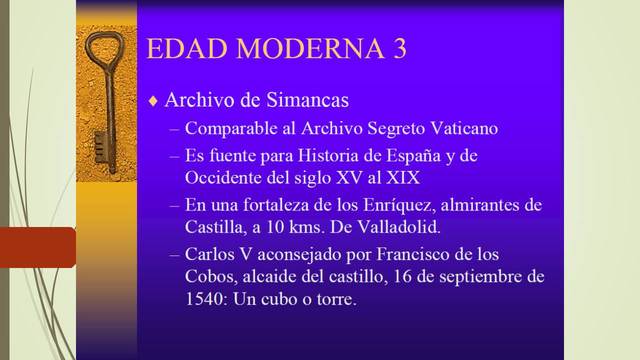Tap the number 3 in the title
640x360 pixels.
coord(398,50)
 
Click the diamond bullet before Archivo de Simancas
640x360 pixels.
coord(153,101)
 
